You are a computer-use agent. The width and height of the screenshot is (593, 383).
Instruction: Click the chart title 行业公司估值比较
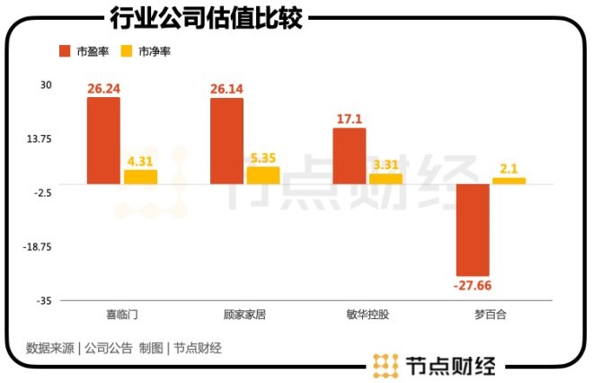point(206,17)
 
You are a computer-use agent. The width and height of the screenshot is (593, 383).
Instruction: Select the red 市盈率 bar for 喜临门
point(103,140)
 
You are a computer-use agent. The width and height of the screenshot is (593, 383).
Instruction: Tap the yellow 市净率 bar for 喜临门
point(140,177)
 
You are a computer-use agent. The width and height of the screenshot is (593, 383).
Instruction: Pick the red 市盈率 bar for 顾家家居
point(226,141)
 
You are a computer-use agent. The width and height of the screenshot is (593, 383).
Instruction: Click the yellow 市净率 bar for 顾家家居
point(263,175)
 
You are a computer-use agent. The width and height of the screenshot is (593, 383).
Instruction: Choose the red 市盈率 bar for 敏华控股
point(350,156)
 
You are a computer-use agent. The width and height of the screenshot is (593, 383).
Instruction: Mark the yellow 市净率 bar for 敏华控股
point(385,179)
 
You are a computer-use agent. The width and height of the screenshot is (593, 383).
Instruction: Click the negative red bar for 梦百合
point(473,229)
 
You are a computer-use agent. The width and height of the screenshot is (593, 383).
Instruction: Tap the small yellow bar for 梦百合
point(509,181)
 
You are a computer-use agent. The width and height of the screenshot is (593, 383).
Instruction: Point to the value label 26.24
point(103,89)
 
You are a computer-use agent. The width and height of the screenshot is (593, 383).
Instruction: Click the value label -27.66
point(473,285)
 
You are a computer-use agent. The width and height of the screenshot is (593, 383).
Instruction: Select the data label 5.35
point(263,158)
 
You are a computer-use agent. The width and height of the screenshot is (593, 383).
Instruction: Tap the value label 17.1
point(350,120)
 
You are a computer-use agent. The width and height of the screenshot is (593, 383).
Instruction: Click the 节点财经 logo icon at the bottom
point(385,367)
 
